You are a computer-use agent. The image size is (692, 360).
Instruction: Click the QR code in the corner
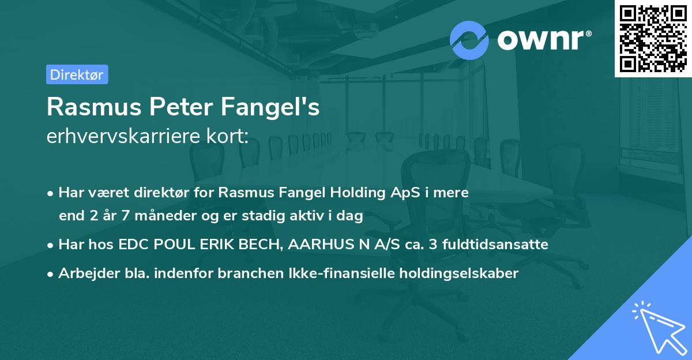point(653,39)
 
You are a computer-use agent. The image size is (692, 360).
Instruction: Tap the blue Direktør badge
point(77,74)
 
